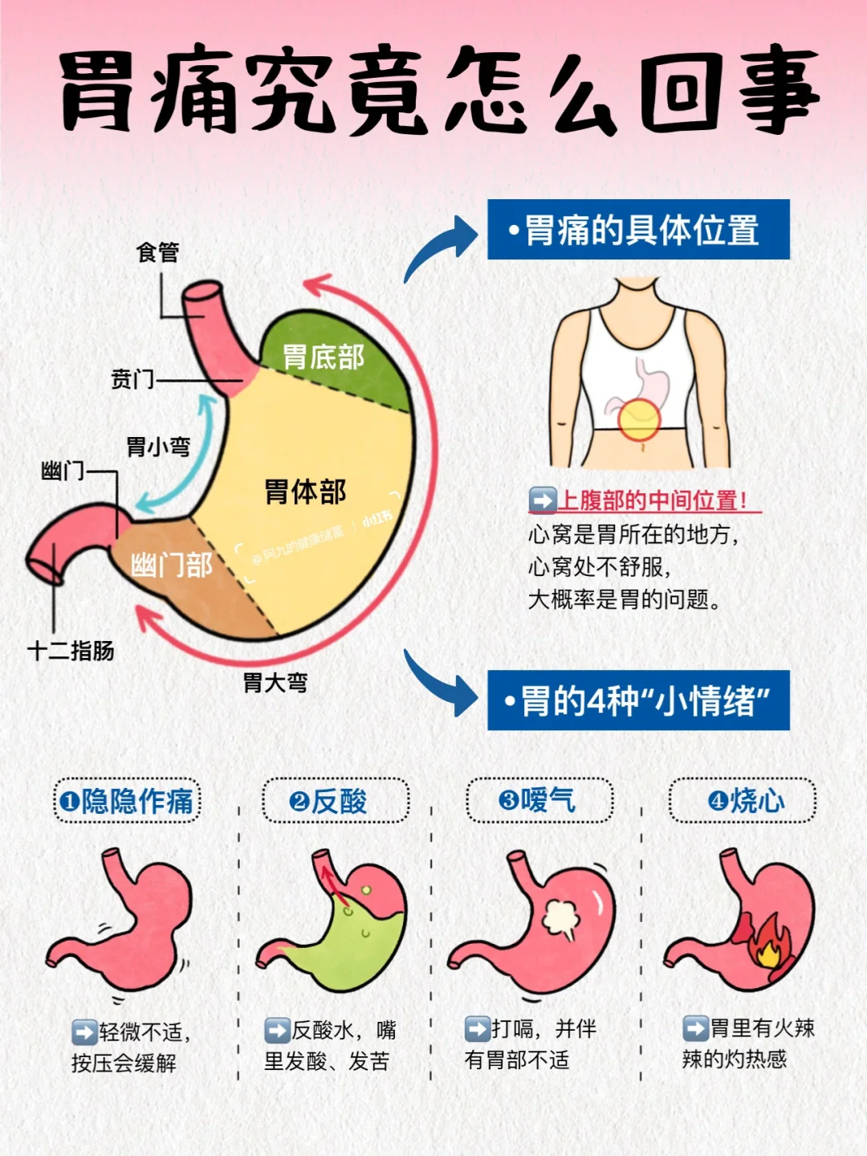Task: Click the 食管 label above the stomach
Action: [157, 252]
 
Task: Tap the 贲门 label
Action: [132, 378]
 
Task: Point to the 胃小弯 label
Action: [158, 447]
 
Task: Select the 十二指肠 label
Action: [71, 651]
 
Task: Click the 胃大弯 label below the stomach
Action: [275, 684]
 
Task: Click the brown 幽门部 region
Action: [172, 566]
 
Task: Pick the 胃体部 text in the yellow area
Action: [305, 492]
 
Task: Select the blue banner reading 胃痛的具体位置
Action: [638, 230]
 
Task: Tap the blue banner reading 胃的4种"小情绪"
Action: [638, 701]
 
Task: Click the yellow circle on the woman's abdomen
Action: [639, 419]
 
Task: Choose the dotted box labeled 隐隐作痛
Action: [127, 801]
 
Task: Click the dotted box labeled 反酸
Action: [336, 801]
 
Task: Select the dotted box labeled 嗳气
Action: [539, 800]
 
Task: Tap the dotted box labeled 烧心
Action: [743, 800]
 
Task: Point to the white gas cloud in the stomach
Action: [562, 919]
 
